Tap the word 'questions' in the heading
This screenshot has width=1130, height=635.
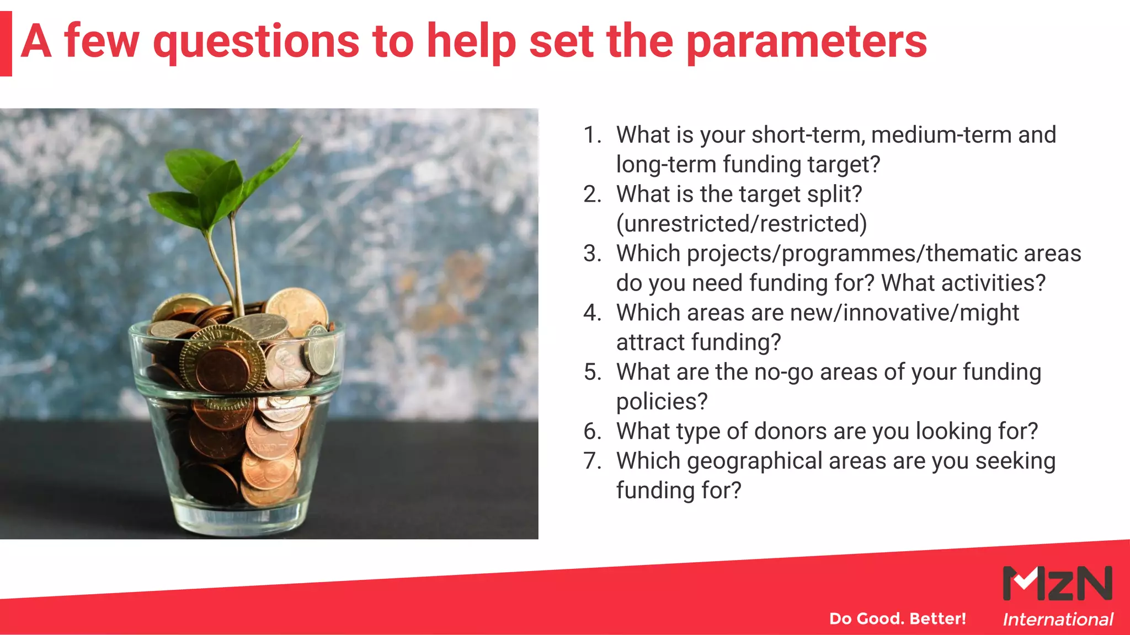[x=255, y=43]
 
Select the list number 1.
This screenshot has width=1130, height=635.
[x=592, y=135]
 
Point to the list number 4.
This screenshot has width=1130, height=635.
[x=592, y=313]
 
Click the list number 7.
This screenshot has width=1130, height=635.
[x=592, y=461]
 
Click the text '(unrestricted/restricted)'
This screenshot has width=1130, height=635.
[x=741, y=224]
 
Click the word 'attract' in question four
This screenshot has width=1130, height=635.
[x=651, y=343]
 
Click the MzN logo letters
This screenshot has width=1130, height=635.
[x=1057, y=583]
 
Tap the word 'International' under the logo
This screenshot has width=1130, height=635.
[x=1057, y=620]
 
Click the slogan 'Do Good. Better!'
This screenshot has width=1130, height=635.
[x=897, y=618]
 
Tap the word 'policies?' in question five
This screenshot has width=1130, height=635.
[x=661, y=402]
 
